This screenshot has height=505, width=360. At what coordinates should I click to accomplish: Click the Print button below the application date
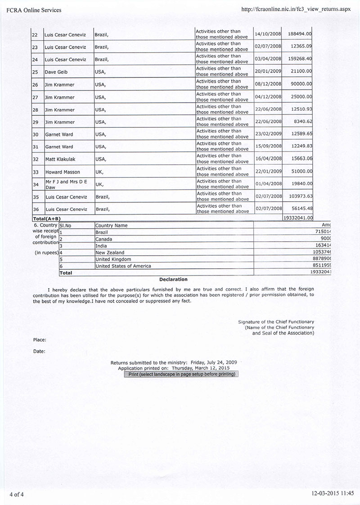pos(181,374)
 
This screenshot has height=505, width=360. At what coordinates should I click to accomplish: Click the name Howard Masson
pos(62,171)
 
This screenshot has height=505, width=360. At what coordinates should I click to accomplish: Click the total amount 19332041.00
pos(297,218)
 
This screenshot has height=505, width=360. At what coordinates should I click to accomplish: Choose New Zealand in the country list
pos(110,252)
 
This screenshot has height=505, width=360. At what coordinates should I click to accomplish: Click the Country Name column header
pos(111,225)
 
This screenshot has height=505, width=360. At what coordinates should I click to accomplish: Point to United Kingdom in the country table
pos(113,259)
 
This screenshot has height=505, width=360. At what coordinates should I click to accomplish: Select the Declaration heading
pos(173,280)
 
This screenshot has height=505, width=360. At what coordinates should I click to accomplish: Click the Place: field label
pos(40,339)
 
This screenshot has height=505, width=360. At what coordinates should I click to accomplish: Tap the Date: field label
pos(39,352)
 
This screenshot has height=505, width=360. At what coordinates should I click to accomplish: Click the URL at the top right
pos(296,9)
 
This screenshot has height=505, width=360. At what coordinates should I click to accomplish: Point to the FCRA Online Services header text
pos(34,9)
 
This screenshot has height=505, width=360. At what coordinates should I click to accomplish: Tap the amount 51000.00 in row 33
pos(301,171)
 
